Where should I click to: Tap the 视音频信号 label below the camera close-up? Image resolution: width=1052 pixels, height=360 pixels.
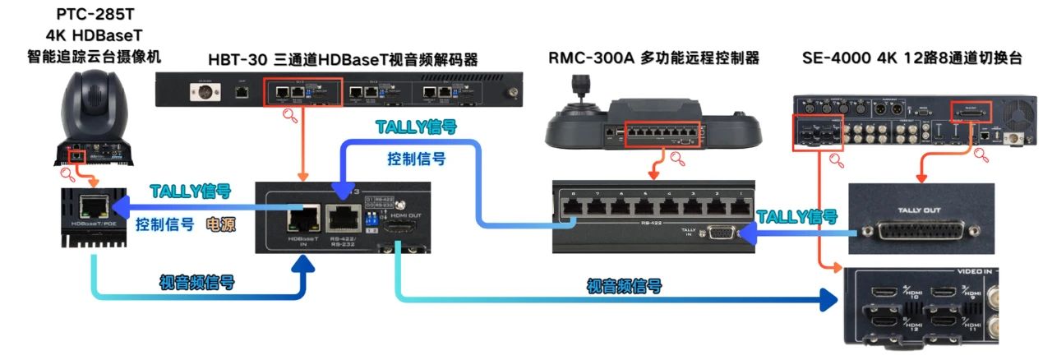(x=196, y=282)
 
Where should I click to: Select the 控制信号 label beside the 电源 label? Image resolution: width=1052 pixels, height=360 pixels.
(x=164, y=224)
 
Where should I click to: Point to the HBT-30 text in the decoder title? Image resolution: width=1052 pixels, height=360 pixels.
(x=235, y=59)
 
